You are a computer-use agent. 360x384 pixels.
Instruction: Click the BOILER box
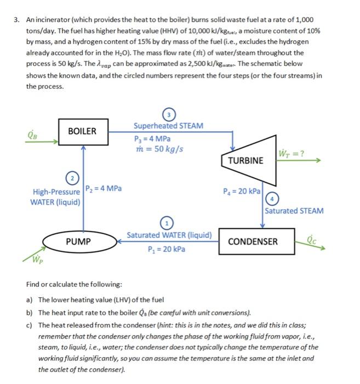[82, 132]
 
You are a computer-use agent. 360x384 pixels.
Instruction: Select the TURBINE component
[245, 160]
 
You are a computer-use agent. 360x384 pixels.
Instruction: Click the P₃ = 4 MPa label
[152, 138]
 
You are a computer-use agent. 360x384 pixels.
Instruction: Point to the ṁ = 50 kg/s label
[159, 149]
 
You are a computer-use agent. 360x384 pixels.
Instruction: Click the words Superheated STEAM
[168, 126]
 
